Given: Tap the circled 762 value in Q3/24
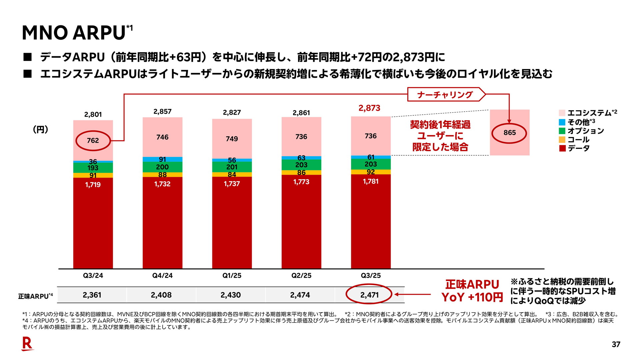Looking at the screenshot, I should (x=93, y=140).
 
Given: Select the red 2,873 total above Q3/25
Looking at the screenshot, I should (x=369, y=108).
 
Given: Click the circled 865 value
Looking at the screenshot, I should (x=509, y=133).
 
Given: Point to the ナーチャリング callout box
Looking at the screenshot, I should (x=445, y=95).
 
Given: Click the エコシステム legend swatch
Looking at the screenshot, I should (x=562, y=113).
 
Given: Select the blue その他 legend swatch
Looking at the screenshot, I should (x=562, y=122).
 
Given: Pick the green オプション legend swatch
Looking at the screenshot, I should (x=562, y=131).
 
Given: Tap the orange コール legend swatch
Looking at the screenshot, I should (x=562, y=140).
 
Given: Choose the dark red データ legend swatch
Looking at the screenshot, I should (x=562, y=148).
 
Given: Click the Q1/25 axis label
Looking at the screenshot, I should (x=232, y=276).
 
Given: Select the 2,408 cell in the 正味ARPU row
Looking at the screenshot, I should (x=161, y=295).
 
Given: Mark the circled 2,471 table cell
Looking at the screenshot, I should (x=369, y=295).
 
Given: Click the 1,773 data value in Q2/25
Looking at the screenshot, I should (x=301, y=182).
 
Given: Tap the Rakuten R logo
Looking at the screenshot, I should (x=27, y=344).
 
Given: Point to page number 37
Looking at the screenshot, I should (x=616, y=345).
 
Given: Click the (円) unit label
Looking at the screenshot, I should (x=41, y=129).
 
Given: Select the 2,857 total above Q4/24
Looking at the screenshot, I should (x=162, y=112).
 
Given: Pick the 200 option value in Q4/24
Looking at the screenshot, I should (x=162, y=167).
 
